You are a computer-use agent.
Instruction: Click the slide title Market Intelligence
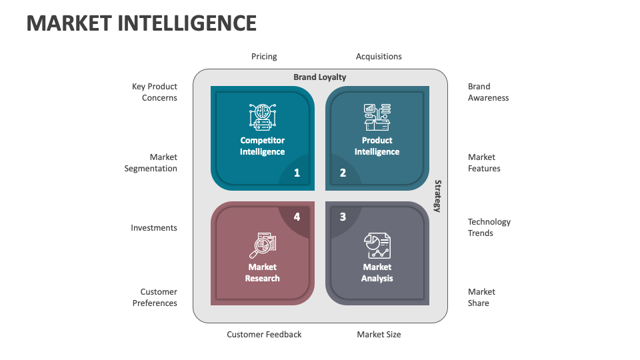point(141,23)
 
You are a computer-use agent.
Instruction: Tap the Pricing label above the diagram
point(264,57)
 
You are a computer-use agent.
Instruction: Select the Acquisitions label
point(379,57)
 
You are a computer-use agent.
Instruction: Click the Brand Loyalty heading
point(320,77)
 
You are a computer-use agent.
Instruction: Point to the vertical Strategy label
point(438,196)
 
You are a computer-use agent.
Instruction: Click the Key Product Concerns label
point(155,92)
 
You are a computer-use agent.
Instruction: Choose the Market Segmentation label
point(151,163)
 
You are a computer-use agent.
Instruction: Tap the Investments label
point(154,228)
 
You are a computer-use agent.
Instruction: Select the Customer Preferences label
point(155,297)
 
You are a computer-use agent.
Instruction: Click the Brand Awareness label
point(488,92)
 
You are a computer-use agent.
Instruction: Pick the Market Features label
point(484,163)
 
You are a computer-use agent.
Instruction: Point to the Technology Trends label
point(489,227)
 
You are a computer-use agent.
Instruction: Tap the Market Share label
point(481,297)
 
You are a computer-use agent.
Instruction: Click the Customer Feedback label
point(264,335)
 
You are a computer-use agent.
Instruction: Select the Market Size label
point(379,335)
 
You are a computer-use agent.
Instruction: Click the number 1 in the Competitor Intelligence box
point(297,173)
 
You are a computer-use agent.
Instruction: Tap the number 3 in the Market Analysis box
point(343,217)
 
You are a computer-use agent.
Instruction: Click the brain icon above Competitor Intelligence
point(262,117)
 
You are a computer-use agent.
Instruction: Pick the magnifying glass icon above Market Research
point(262,245)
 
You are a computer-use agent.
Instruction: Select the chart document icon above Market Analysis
point(377,245)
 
